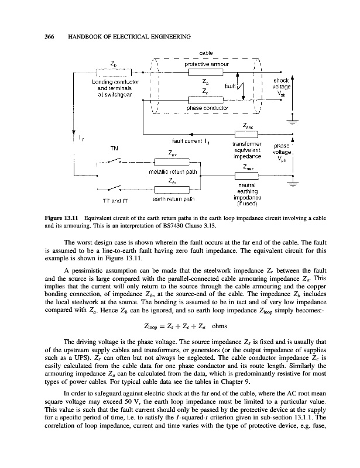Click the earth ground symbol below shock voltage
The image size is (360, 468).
pos(290,122)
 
